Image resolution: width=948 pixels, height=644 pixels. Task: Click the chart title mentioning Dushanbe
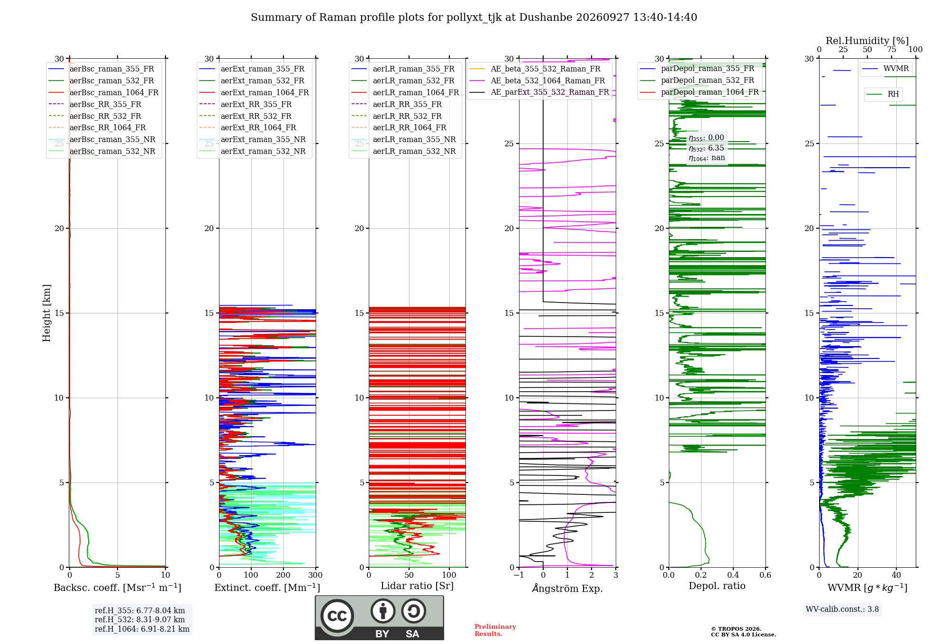(474, 18)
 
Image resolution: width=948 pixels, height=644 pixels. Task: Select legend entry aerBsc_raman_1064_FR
(104, 92)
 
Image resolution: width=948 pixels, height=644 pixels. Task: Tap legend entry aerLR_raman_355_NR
(404, 139)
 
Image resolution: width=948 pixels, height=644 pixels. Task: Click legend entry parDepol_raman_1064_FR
(699, 92)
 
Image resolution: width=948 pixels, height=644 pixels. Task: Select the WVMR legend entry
(885, 69)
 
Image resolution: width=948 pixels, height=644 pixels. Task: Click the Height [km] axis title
(46, 313)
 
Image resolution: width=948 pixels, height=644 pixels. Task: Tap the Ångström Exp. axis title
(567, 588)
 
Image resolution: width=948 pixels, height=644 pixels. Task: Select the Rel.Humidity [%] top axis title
(867, 41)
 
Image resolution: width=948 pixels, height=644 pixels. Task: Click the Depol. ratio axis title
(717, 586)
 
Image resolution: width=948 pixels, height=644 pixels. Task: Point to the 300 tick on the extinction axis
(316, 575)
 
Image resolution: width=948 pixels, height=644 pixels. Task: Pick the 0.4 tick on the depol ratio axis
(733, 575)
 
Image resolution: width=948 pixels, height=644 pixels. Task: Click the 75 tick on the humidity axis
(892, 50)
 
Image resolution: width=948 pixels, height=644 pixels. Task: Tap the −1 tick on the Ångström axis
(519, 575)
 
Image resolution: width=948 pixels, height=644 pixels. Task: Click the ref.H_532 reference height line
(140, 619)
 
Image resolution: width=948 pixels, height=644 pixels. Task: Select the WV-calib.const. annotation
(842, 609)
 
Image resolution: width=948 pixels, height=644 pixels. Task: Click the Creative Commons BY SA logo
(379, 617)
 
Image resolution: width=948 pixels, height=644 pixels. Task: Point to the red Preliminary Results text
(495, 630)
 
